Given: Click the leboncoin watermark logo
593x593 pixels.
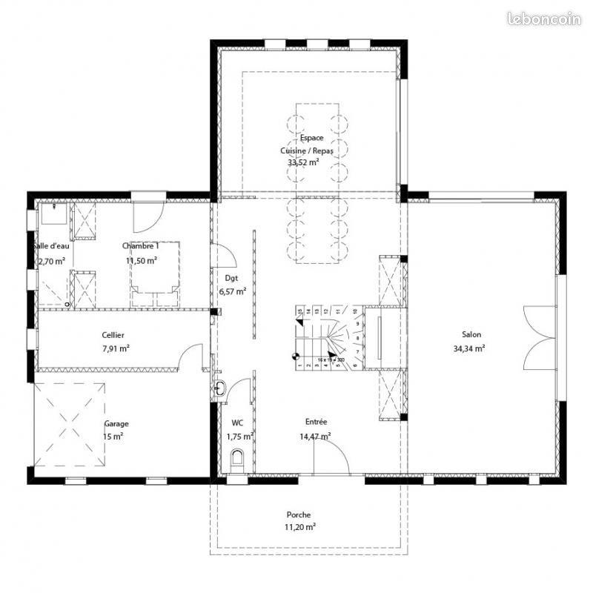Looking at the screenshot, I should coord(545,19).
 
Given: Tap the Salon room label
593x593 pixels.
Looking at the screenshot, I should coord(471,334).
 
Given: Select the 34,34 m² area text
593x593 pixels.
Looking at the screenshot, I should coord(470,348).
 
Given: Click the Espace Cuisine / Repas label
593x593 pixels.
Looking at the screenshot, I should coord(307,144).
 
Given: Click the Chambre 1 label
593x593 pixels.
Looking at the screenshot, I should coord(140,246).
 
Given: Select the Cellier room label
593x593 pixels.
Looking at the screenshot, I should coord(113,335).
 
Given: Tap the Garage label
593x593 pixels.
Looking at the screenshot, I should coord(116,424).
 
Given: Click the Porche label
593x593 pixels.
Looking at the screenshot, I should coord(299,514).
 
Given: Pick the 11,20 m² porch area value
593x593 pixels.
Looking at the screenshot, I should coord(300,527).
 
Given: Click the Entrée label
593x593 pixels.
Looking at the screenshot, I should coord(314,422).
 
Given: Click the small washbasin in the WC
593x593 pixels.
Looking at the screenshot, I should coord(220,388).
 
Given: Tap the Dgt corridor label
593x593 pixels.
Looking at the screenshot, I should coord(232,278).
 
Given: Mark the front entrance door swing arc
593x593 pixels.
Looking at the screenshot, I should coord(337,448).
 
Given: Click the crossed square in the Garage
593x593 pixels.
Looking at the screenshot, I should coord(69,424).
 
